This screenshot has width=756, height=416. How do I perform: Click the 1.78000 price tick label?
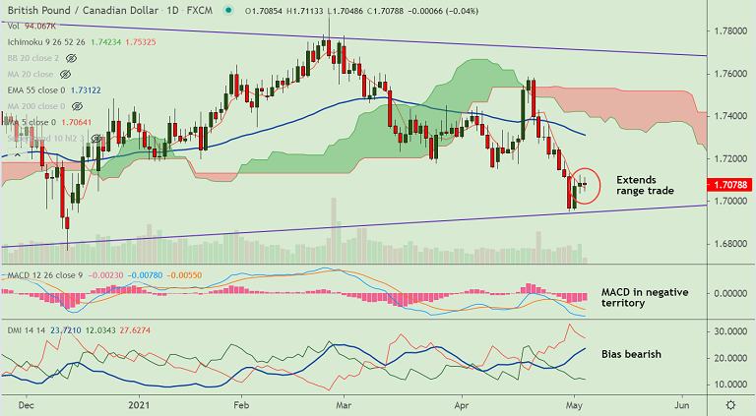(x=729, y=31)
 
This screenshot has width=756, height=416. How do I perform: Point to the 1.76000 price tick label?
(x=729, y=74)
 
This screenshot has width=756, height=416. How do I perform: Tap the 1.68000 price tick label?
(x=729, y=244)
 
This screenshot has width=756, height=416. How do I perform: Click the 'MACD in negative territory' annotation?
(x=644, y=298)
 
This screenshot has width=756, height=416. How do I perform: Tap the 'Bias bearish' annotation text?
(x=632, y=353)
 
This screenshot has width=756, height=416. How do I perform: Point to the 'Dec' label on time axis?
(x=27, y=404)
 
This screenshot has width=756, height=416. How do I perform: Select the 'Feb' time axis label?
(x=240, y=404)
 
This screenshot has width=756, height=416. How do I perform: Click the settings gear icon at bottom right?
(x=729, y=404)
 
